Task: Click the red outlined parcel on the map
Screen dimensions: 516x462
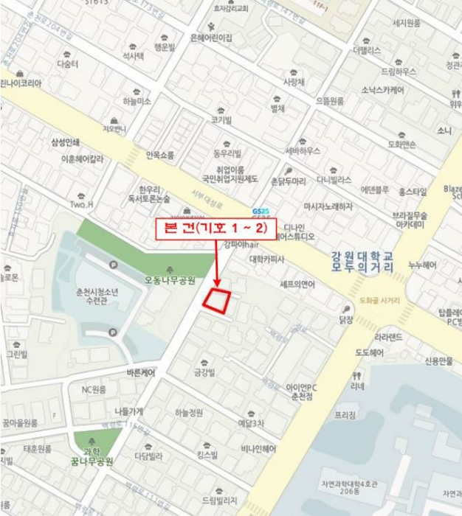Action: click(217, 301)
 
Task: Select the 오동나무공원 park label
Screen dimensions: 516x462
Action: click(170, 281)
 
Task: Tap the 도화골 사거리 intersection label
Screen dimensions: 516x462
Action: click(379, 300)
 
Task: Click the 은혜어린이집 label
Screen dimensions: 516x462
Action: click(211, 38)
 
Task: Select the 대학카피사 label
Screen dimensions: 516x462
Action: click(267, 259)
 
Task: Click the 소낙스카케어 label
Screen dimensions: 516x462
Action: click(382, 91)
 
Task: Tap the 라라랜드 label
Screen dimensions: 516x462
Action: click(388, 338)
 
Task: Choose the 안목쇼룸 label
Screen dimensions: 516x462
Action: click(160, 155)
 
